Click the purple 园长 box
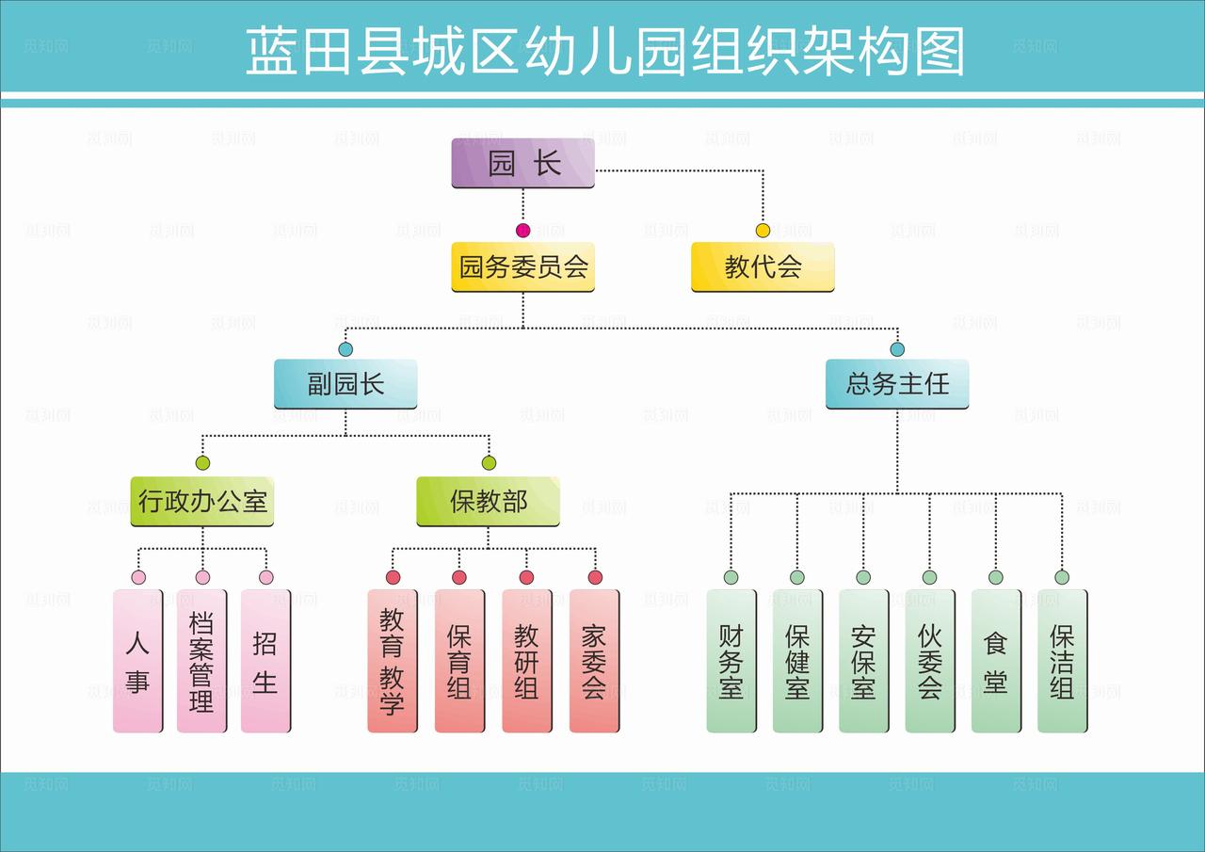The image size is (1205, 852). pos(522,164)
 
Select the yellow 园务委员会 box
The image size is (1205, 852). pos(522,267)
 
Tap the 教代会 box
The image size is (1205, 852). pos(763,267)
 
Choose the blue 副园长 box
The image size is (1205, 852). pos(345,384)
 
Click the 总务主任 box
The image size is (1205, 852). pos(897,384)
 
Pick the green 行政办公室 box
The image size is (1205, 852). pos(202,501)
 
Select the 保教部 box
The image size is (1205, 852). pos(488,501)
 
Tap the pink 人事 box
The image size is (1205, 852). pos(137,661)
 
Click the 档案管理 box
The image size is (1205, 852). pos(201,661)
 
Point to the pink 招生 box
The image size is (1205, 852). pos(265,661)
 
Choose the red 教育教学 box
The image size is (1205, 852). pos(392,661)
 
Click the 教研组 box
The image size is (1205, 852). pos(526,661)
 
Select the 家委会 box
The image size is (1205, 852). pos(594,661)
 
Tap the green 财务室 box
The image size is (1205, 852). pos(731,661)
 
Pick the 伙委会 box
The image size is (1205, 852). pos(930,661)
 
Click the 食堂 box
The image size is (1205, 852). pos(996,661)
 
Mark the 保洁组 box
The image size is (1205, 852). pos(1062,661)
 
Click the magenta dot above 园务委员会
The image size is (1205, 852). pos(523,231)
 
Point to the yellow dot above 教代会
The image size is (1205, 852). pos(763,231)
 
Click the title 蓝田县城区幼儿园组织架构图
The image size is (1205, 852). pos(605,51)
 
